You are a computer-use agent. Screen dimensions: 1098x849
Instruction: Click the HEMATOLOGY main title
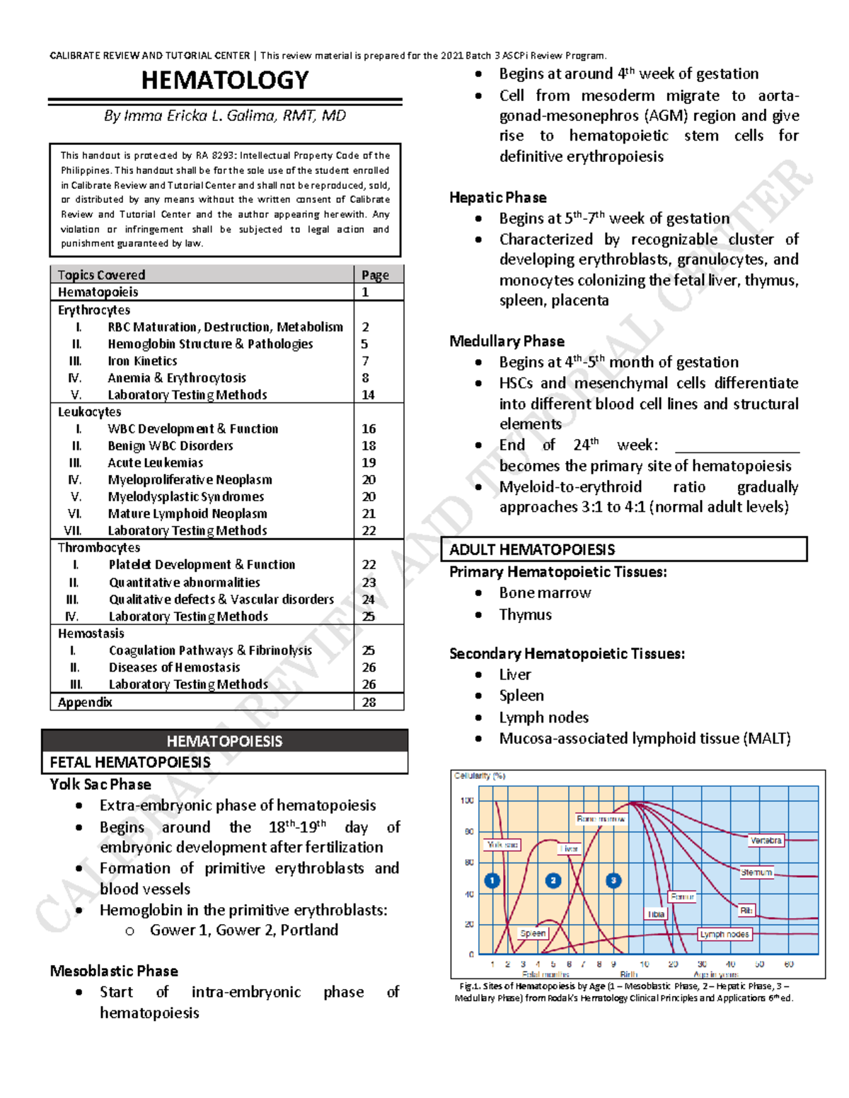pyautogui.click(x=224, y=81)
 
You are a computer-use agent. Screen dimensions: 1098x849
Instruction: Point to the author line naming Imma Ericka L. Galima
pyautogui.click(x=224, y=116)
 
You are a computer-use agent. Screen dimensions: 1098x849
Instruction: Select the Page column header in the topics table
pyautogui.click(x=375, y=275)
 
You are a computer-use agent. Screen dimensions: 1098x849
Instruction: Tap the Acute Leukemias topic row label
pyautogui.click(x=155, y=463)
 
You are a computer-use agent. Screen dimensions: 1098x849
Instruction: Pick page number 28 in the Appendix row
pyautogui.click(x=369, y=702)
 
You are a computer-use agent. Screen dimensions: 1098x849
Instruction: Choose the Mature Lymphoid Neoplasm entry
pyautogui.click(x=187, y=514)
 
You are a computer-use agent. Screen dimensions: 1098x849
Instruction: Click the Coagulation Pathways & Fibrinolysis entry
pyautogui.click(x=210, y=650)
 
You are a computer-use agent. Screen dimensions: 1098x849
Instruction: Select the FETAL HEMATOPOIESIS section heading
pyautogui.click(x=130, y=762)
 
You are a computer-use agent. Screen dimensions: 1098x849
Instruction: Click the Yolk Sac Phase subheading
pyautogui.click(x=100, y=784)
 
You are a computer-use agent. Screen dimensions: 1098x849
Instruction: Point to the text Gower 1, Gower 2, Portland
pyautogui.click(x=243, y=930)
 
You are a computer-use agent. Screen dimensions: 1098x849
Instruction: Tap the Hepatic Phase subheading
pyautogui.click(x=498, y=197)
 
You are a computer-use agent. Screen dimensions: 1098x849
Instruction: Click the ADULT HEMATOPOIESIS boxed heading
pyautogui.click(x=532, y=549)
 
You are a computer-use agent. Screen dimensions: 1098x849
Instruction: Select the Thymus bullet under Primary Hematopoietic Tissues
pyautogui.click(x=525, y=614)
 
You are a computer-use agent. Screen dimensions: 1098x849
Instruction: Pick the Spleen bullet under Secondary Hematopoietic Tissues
pyautogui.click(x=521, y=696)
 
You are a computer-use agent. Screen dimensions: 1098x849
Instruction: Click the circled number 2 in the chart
pyautogui.click(x=553, y=880)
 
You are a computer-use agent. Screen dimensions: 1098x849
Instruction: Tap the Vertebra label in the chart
pyautogui.click(x=766, y=841)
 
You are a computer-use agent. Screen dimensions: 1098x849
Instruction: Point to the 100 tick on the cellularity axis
pyautogui.click(x=467, y=801)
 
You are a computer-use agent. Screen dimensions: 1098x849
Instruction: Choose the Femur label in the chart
pyautogui.click(x=682, y=896)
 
